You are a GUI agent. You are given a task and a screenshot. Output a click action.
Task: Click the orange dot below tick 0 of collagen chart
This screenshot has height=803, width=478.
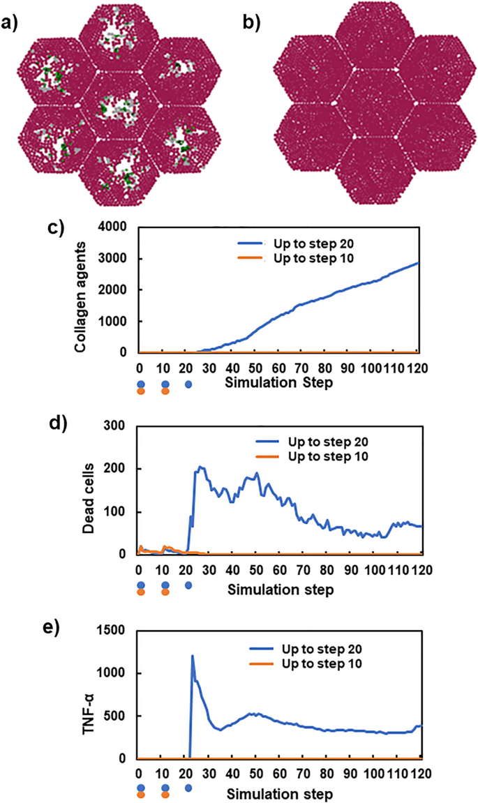click(x=141, y=392)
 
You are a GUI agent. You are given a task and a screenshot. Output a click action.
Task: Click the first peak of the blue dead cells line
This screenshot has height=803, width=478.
click(x=201, y=467)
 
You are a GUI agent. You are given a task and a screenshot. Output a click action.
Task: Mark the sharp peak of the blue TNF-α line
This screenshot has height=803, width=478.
click(x=192, y=655)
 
